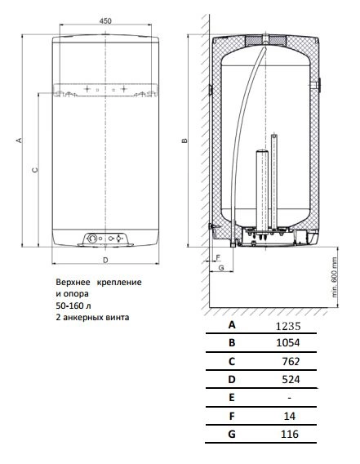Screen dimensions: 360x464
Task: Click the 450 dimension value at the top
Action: point(105,21)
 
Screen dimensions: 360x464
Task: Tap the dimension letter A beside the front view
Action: point(19,140)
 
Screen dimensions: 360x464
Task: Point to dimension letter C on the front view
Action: point(35,170)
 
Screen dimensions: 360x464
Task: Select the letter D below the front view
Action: point(105,260)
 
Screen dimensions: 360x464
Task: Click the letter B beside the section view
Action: point(184,141)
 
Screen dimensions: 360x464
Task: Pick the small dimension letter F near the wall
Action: point(218,257)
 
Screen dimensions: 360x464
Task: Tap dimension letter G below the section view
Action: point(221,268)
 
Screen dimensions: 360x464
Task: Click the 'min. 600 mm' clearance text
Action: point(334,277)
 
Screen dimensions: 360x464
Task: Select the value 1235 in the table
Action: point(288,326)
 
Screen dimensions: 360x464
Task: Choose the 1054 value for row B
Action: point(288,342)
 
